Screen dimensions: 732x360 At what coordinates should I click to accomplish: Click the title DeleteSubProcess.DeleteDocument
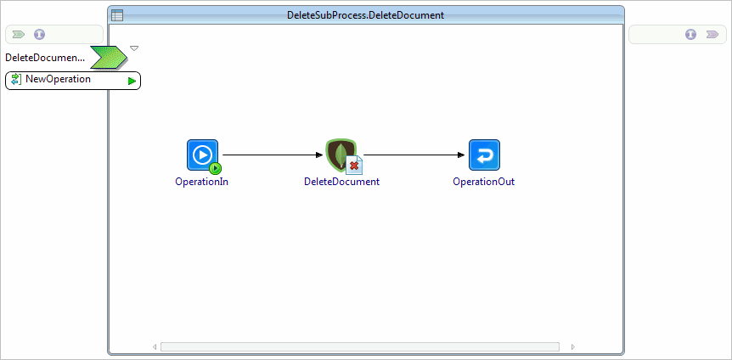point(365,15)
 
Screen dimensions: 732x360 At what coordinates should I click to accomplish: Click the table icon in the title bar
point(117,15)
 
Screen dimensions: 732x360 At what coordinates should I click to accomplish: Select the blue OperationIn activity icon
point(203,155)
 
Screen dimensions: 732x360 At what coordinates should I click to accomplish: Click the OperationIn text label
point(201,182)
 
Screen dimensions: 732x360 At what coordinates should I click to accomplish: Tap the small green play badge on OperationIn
point(215,167)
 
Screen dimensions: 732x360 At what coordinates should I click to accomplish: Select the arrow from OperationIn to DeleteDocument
point(273,155)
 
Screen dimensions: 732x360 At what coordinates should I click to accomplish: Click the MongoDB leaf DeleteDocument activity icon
point(342,155)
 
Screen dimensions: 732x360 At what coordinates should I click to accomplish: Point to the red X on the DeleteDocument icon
point(354,166)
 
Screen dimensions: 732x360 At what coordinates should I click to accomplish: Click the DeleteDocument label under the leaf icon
point(341,182)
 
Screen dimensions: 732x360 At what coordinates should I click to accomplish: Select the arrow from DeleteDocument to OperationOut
point(414,155)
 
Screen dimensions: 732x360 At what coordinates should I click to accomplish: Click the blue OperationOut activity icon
point(485,155)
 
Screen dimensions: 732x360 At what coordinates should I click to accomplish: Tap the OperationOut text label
point(484,182)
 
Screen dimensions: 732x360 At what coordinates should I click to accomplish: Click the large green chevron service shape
point(109,58)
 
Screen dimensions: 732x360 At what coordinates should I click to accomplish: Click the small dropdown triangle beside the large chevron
point(134,48)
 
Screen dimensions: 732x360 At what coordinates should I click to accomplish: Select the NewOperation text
point(58,79)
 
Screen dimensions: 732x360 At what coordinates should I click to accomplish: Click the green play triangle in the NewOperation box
point(132,82)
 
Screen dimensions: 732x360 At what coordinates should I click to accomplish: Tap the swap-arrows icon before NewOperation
point(16,79)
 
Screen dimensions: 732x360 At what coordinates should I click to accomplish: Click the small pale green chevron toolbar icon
point(19,34)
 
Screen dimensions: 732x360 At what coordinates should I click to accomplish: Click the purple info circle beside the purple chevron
point(691,34)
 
